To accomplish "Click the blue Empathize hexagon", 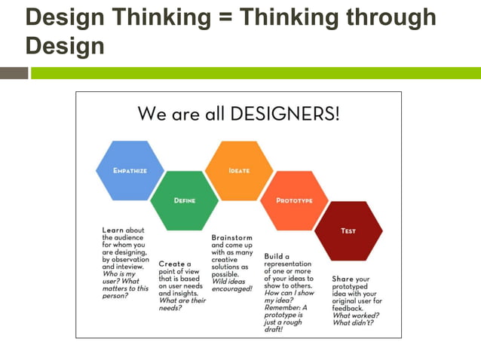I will point(130,171).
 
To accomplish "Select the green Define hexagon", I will point(185,200).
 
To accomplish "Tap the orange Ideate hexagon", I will point(239,171).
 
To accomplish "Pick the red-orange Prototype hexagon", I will point(294,200).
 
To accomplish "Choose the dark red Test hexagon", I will point(348,230).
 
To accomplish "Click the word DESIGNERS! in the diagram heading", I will point(293,114).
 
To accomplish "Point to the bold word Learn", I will point(113,230).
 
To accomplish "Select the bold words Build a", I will point(277,256).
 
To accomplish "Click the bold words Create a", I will point(174,264).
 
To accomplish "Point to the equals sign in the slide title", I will point(224,17).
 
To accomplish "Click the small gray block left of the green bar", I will point(14,73).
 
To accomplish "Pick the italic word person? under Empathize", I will point(116,296).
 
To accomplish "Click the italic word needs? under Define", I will point(170,308).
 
